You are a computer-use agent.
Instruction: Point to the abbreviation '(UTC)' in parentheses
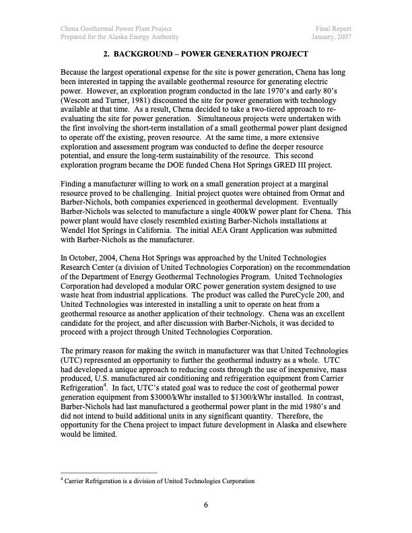tap(73, 360)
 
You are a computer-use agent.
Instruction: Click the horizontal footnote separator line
tap(108, 472)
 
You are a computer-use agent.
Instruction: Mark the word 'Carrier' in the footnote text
tap(78, 481)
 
